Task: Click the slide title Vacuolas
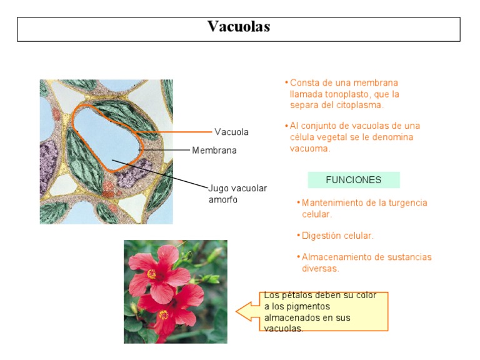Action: pos(239,27)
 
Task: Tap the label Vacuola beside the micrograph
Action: pos(231,132)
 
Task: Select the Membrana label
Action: pos(214,151)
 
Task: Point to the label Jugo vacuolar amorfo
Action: pos(237,194)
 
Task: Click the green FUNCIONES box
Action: pos(354,180)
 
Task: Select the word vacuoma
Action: pos(309,149)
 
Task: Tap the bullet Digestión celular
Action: pos(337,236)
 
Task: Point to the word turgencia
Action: pos(406,203)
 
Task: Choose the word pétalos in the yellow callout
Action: pos(296,295)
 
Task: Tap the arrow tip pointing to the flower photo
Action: pos(237,311)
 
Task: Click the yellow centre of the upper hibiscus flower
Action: pos(152,274)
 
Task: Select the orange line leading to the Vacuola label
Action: pos(181,132)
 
